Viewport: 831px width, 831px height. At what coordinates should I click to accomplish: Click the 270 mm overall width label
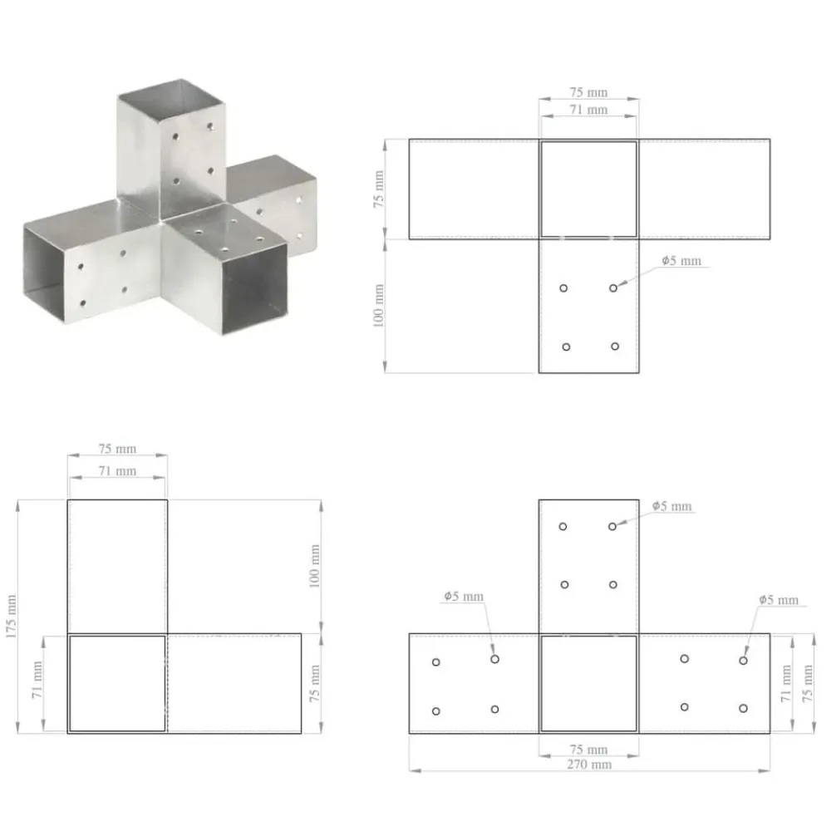[x=589, y=765]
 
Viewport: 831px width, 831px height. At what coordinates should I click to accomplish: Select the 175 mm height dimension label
[x=12, y=617]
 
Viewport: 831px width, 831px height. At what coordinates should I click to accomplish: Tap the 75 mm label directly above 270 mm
[x=589, y=750]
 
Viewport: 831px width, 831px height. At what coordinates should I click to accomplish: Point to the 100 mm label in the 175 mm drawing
[x=315, y=566]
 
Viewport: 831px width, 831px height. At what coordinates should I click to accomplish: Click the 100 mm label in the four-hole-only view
[x=378, y=306]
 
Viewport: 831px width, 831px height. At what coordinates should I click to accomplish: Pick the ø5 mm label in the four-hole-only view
[x=681, y=261]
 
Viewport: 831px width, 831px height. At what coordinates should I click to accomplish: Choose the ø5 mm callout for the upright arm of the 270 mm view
[x=672, y=506]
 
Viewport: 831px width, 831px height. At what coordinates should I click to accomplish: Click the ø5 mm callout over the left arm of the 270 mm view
[x=464, y=596]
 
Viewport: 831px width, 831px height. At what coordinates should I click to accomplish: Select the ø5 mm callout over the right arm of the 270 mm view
[x=779, y=600]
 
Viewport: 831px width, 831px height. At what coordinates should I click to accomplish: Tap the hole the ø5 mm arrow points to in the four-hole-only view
[x=613, y=288]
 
